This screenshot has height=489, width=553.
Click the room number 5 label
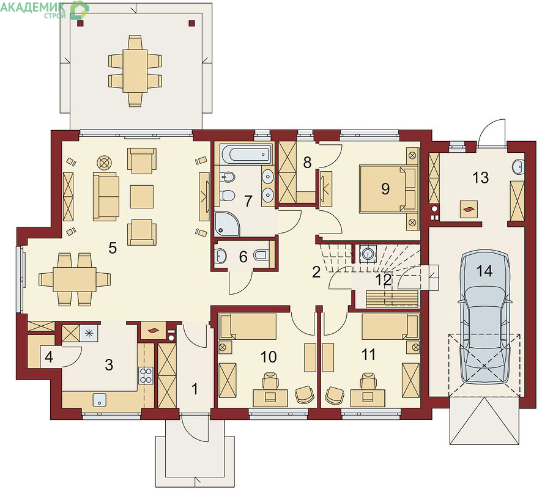113,248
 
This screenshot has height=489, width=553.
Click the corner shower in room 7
227,224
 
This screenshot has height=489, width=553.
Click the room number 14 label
484,271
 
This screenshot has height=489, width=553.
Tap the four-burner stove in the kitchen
146,375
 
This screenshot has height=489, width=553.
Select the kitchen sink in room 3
100,400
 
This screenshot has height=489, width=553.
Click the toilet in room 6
261,255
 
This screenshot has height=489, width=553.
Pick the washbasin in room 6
221,256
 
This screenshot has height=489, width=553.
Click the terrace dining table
135,71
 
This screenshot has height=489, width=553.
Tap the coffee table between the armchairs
142,197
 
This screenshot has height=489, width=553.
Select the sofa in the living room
106,196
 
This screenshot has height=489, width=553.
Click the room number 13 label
480,178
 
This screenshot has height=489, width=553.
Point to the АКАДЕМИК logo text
33,7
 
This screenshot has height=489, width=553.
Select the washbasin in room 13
519,167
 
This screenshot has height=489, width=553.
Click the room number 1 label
195,389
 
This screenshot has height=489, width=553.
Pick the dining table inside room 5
75,279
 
